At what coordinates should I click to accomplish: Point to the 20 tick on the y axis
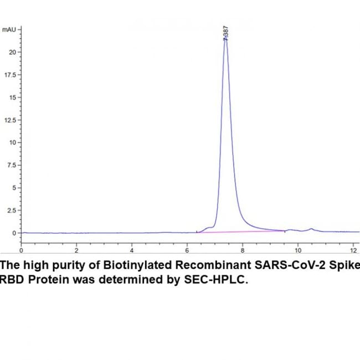click(x=14, y=52)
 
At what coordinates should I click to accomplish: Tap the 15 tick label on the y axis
click(x=14, y=97)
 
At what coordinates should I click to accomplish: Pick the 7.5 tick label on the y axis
click(x=13, y=165)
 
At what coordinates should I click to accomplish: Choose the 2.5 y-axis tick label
click(x=13, y=210)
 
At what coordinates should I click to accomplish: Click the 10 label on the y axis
click(x=14, y=142)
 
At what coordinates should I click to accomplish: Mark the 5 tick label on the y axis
click(x=16, y=188)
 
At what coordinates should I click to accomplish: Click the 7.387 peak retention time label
click(x=225, y=33)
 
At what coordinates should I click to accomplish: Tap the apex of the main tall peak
click(x=225, y=40)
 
